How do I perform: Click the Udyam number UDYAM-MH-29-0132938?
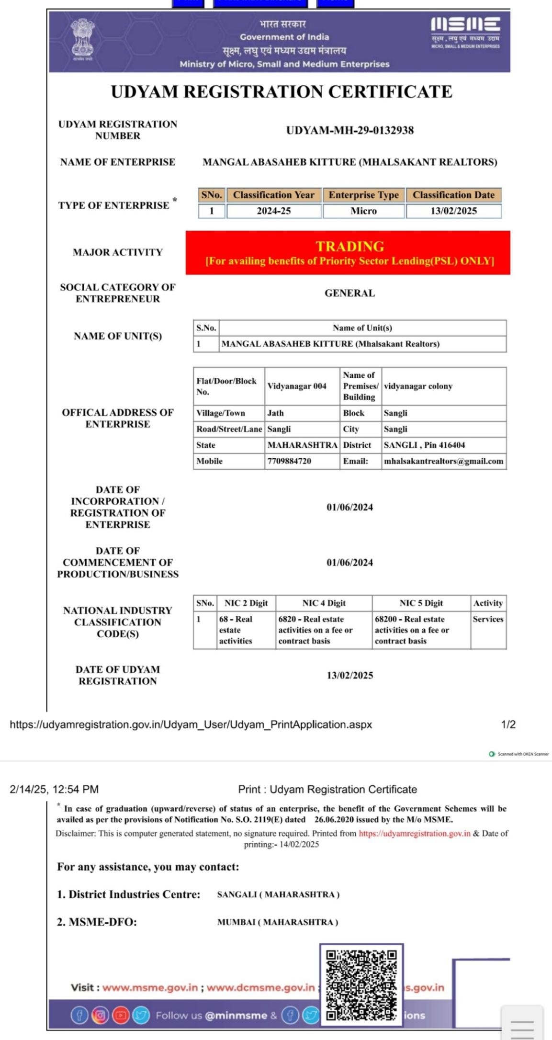coord(349,130)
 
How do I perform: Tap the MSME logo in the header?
coord(465,32)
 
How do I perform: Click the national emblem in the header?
coord(83,38)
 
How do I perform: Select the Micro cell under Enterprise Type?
coord(363,211)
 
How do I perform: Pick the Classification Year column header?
coord(273,195)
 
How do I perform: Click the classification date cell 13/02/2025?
coord(453,211)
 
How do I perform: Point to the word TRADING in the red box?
coord(349,246)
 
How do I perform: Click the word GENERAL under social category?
coord(349,293)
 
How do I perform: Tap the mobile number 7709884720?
coord(289,461)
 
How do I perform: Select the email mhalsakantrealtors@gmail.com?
coord(443,461)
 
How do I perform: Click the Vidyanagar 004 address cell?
coord(297,386)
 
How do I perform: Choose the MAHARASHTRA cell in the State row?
coord(302,445)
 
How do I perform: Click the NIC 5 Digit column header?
coord(421,603)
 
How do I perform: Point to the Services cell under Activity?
coord(488,619)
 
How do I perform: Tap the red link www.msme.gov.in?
coord(150,987)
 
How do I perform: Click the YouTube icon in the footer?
coord(121,1015)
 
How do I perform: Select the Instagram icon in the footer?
coord(100,1015)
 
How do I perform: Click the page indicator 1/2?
coord(508,724)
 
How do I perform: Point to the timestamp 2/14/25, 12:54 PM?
coord(54,789)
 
